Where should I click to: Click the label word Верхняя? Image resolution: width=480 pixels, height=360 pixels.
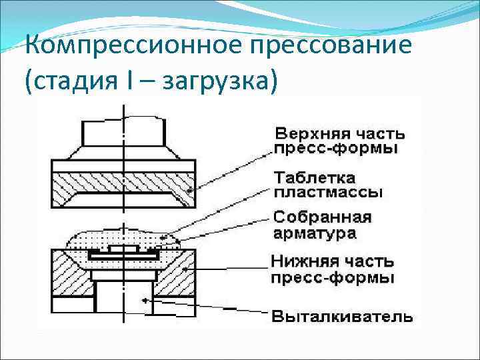click(x=307, y=132)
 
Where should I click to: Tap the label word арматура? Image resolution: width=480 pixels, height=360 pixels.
click(x=315, y=233)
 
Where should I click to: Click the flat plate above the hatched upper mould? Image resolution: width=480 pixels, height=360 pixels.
click(x=124, y=165)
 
